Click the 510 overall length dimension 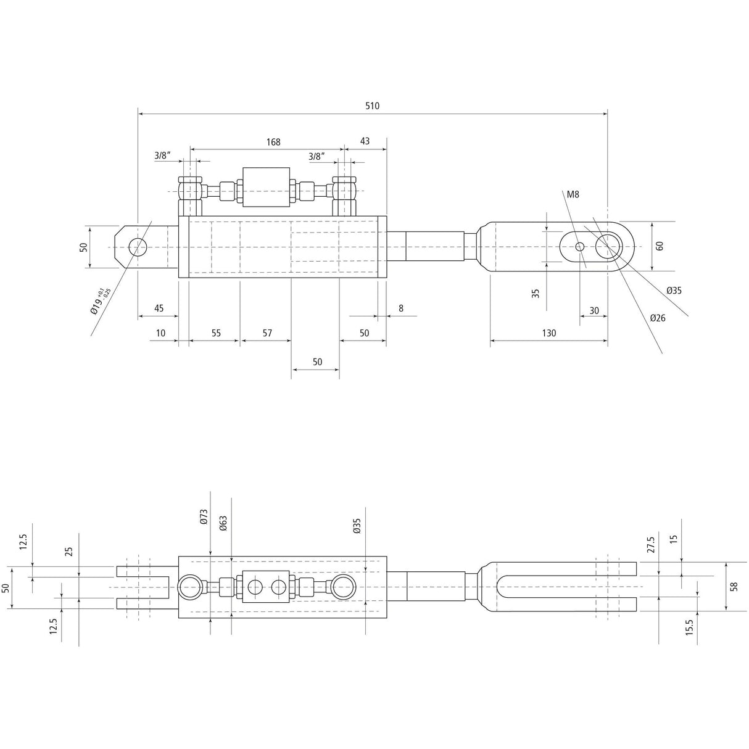372,106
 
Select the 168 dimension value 273,143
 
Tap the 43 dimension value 365,141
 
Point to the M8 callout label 573,194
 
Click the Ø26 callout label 658,318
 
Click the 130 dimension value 549,333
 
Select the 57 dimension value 267,333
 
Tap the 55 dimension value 216,333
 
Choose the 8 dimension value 401,308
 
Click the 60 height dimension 660,246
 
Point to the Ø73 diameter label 204,517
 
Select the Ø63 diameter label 223,524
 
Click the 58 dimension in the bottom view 734,587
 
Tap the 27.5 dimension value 652,545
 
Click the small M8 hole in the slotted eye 580,247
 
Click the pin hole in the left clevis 137,247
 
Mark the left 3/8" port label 162,156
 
